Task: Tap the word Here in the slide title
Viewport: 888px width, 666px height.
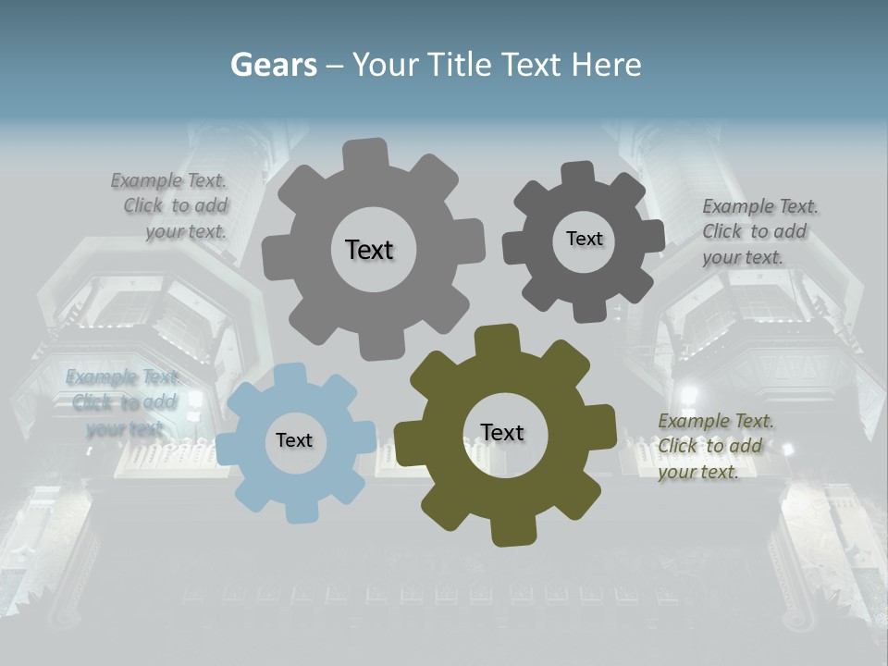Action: click(606, 65)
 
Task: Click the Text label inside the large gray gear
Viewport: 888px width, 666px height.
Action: click(369, 250)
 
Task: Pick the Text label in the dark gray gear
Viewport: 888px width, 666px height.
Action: click(584, 239)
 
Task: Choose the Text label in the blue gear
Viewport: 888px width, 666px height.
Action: click(294, 441)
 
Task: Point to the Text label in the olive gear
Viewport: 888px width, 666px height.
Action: click(502, 433)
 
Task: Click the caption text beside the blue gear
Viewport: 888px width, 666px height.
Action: click(122, 402)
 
